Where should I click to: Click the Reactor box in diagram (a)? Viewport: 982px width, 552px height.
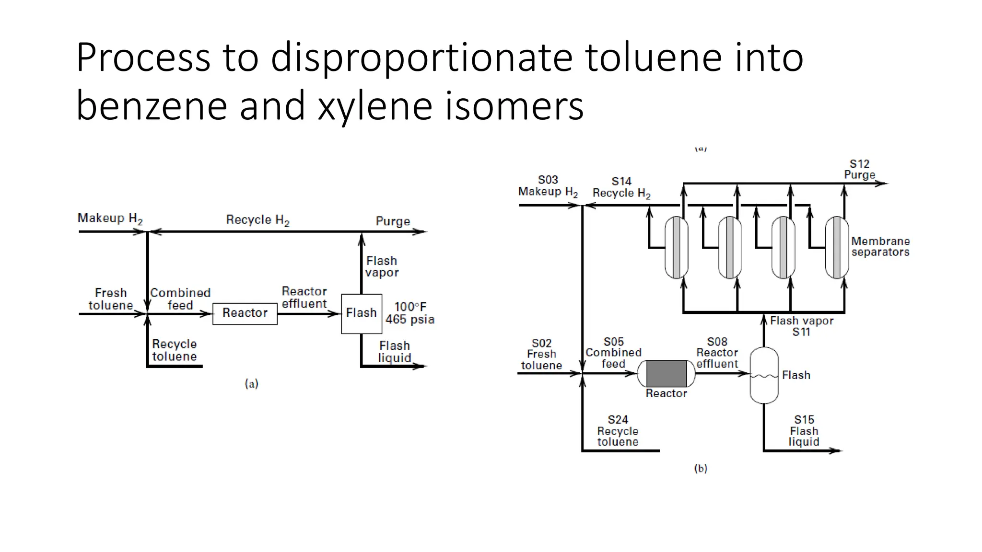[245, 313]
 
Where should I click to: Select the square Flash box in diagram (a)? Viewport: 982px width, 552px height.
[362, 313]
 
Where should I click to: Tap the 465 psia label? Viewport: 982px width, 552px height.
[410, 320]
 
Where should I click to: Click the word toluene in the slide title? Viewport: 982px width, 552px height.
[653, 57]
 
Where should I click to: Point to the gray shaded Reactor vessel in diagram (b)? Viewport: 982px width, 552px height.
[666, 373]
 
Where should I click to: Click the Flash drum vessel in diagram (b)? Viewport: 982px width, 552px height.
[764, 375]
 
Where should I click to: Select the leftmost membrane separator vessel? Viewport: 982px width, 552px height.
[676, 247]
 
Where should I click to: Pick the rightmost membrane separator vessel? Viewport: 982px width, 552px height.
[837, 247]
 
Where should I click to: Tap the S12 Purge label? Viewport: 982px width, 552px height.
[860, 170]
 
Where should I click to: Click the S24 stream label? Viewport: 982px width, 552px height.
[618, 420]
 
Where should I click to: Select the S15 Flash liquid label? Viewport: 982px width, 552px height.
[804, 431]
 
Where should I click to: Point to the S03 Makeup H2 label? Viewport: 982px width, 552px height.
[548, 186]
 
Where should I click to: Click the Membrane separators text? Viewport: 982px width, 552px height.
[880, 246]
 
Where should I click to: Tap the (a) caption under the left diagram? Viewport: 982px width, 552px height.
[252, 383]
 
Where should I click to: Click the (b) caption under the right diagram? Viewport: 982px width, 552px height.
[701, 468]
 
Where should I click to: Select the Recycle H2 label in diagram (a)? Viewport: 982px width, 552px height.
[258, 220]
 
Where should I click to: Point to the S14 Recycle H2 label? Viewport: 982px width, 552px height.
[621, 187]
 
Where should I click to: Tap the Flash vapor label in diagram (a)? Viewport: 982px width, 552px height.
[382, 266]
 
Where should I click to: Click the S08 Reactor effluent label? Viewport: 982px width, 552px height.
[717, 353]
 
